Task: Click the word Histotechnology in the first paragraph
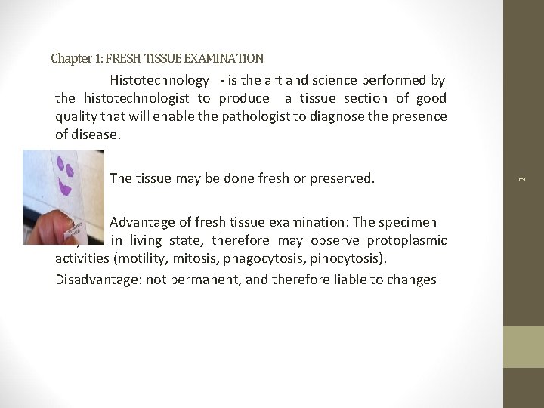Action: coord(159,80)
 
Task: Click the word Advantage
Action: coord(142,222)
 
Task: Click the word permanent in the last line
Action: coord(208,280)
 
